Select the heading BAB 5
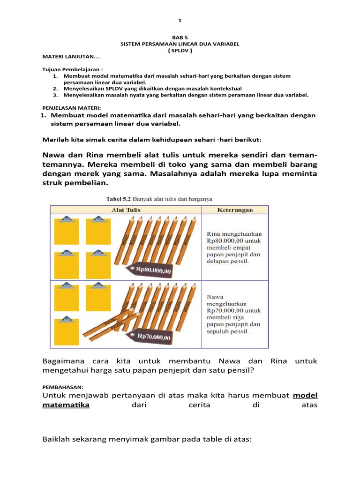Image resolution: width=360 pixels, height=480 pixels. point(180,37)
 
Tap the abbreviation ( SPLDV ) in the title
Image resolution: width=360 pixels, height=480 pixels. point(180,50)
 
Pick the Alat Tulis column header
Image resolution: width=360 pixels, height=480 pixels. point(126,210)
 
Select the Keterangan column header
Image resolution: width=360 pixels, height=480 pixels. point(235,210)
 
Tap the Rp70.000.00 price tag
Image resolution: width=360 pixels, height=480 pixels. point(154,336)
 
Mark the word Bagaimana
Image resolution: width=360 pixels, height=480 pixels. point(65,361)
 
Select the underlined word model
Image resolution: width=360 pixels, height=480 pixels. point(305,396)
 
